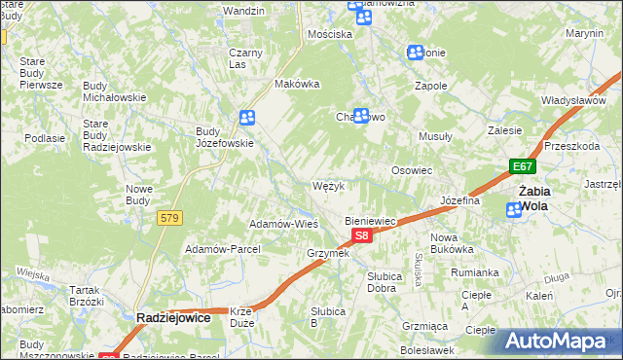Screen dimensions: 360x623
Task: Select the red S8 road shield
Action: pyautogui.click(x=361, y=236)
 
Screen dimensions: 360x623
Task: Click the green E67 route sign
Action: pyautogui.click(x=523, y=166)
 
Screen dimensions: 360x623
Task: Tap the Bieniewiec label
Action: pyautogui.click(x=371, y=221)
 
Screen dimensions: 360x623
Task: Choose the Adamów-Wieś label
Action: pyautogui.click(x=284, y=223)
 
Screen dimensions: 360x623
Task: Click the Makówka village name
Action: pyautogui.click(x=298, y=84)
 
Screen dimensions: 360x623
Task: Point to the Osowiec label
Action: pyautogui.click(x=411, y=169)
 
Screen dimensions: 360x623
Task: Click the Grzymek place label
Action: pyautogui.click(x=327, y=253)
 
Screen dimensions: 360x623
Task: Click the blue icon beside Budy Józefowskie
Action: pyautogui.click(x=247, y=118)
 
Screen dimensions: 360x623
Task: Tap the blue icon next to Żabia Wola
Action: pyautogui.click(x=514, y=210)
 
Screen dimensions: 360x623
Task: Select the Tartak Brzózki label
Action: pyautogui.click(x=87, y=296)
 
